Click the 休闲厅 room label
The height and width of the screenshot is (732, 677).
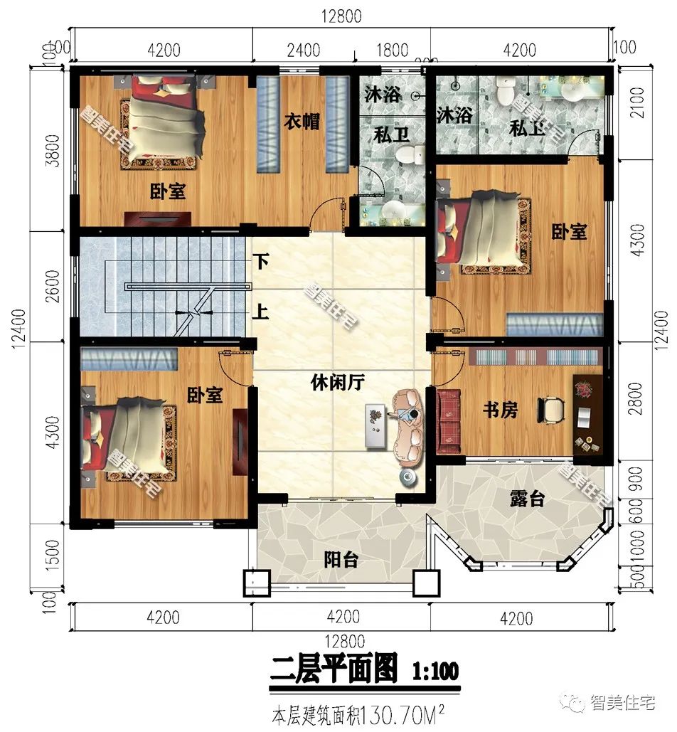[x=337, y=383]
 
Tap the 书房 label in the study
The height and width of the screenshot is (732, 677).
[x=500, y=410]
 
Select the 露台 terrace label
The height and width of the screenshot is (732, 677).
[x=527, y=499]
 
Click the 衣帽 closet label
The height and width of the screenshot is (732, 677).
[x=302, y=122]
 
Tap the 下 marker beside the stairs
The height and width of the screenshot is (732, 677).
[x=262, y=262]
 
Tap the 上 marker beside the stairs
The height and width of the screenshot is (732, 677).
[x=262, y=312]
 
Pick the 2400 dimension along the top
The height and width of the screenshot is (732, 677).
[x=303, y=51]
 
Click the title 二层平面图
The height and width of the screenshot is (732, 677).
[x=334, y=671]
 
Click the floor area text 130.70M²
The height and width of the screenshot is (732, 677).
[x=405, y=712]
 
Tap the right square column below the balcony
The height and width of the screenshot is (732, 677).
[x=427, y=584]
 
